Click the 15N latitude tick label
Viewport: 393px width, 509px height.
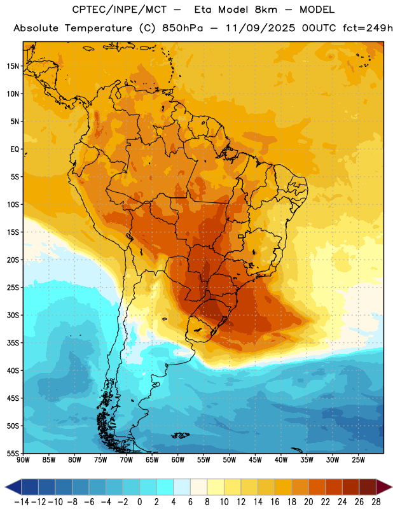13,66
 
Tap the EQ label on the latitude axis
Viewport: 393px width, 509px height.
15,150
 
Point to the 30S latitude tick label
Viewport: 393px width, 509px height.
13,315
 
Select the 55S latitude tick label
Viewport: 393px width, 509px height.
13,454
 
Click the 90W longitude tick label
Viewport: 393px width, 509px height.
23,460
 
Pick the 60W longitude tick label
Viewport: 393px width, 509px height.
178,460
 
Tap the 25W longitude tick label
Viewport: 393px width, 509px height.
358,460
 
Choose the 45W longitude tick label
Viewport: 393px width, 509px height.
255,460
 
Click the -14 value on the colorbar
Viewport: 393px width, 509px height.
22,502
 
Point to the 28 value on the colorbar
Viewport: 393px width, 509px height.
376,502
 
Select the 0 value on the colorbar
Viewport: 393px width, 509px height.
139,502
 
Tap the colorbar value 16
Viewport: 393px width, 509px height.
275,502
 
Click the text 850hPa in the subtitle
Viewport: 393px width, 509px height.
183,28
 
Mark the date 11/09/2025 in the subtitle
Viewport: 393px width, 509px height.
260,28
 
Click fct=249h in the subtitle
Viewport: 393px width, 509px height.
368,28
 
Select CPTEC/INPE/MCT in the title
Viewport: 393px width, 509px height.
119,10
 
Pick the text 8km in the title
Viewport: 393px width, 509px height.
266,10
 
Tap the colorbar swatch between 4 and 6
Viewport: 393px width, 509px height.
182,487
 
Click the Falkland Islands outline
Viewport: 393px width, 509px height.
180,435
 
